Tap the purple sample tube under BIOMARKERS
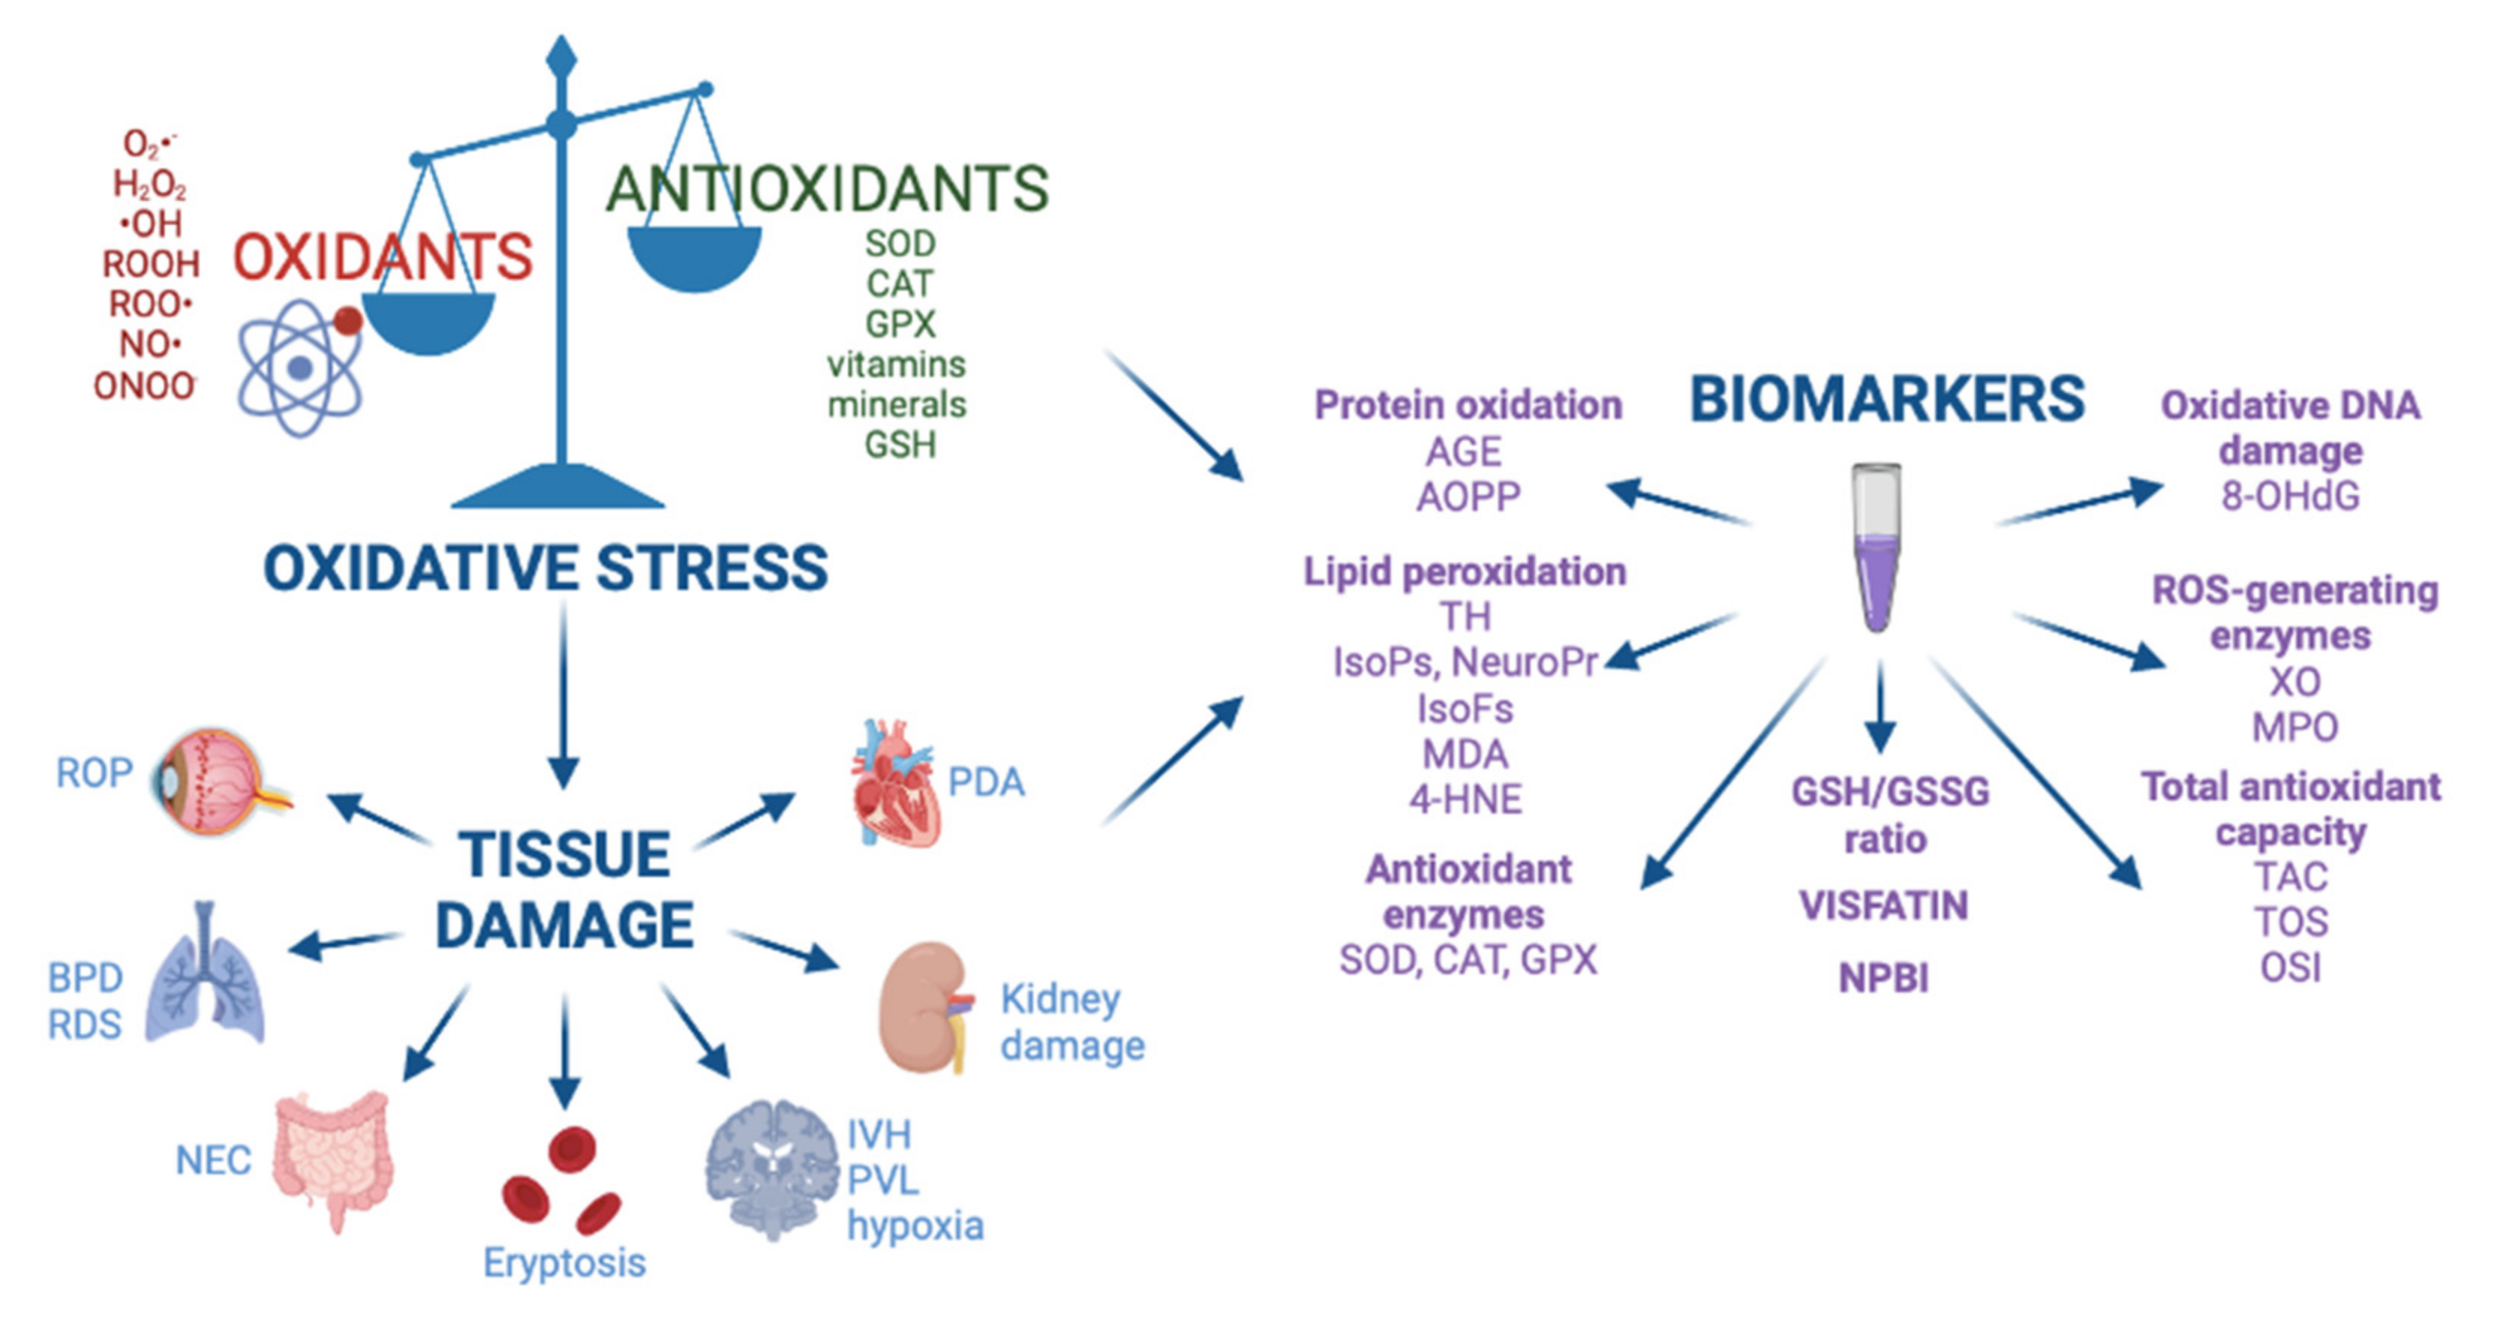(1877, 547)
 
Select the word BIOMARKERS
(1886, 399)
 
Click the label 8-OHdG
(2290, 496)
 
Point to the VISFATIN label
(1883, 906)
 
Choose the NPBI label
(1883, 979)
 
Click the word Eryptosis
(564, 1263)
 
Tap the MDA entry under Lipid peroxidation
(1465, 754)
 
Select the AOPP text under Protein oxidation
(1468, 497)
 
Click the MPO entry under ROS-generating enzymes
(2294, 727)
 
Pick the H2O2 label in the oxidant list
(149, 183)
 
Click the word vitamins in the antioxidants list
(896, 364)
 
